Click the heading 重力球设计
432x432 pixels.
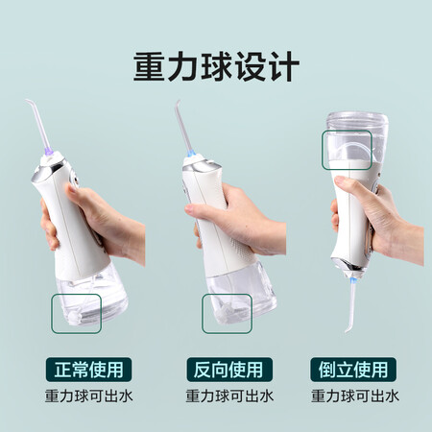[216, 66]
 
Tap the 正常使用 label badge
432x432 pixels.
[88, 370]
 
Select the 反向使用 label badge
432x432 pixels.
[229, 370]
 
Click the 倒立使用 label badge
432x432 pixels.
[353, 370]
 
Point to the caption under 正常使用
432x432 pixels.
[88, 396]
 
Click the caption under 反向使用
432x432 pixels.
[229, 396]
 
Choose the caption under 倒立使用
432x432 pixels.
[355, 396]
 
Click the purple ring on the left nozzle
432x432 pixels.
[48, 151]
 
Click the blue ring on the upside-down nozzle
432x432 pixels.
[353, 282]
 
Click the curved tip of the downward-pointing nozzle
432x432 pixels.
[348, 329]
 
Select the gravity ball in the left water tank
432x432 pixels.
[74, 317]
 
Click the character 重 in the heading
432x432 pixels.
[149, 66]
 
